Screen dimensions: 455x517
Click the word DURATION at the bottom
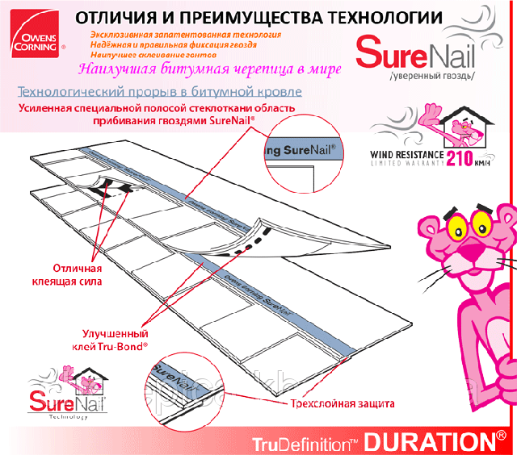click(x=431, y=442)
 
